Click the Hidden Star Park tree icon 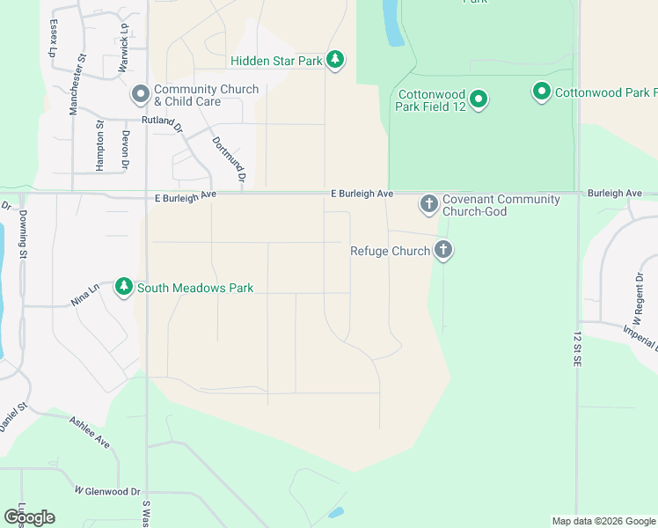334,60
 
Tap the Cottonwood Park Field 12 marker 478,99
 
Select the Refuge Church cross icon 443,251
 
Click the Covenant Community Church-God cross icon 429,205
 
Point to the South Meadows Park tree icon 124,287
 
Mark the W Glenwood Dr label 107,490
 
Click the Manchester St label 79,84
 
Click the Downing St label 24,232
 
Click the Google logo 29,517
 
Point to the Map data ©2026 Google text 603,521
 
